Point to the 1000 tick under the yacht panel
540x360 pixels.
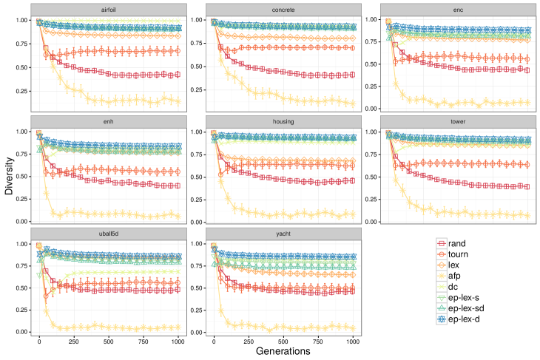(352, 342)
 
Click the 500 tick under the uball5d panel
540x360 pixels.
(109, 342)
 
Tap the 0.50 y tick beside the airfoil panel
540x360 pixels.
(21, 67)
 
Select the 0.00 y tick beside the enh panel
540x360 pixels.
(21, 222)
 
